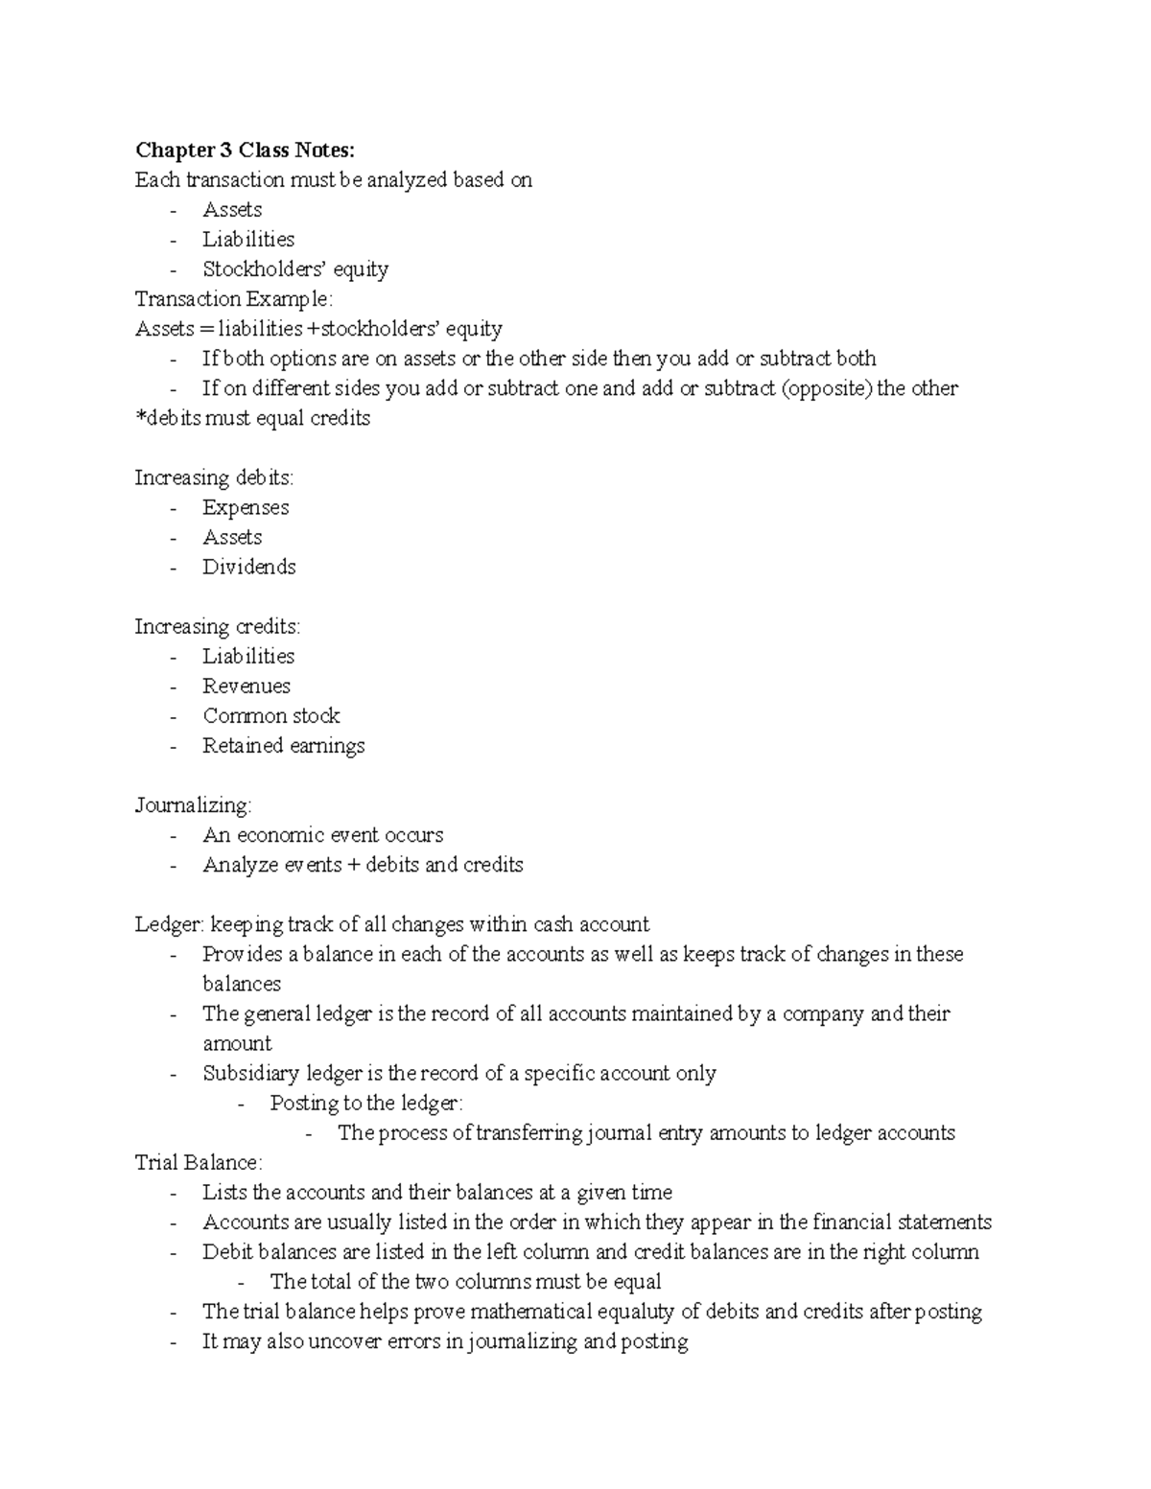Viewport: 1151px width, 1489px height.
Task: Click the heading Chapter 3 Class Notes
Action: pos(245,151)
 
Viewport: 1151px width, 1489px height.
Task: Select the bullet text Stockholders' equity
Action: pos(295,269)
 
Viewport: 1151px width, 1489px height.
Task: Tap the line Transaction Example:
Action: pos(234,299)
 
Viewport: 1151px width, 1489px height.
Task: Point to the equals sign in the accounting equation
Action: pos(205,330)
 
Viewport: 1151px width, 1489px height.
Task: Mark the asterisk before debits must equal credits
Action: pos(139,417)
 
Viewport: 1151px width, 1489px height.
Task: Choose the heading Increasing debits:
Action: pos(214,477)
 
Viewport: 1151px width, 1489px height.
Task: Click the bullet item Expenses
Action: pos(246,507)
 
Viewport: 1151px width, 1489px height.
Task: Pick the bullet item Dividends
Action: pos(249,567)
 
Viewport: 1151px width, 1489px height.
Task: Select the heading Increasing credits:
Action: pos(217,626)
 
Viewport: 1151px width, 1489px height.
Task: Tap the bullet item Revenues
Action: pos(247,686)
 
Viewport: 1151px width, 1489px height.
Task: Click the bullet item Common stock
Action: pos(271,715)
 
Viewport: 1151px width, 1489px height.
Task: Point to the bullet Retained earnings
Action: pos(284,745)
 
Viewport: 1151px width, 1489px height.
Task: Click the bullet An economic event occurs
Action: pos(323,835)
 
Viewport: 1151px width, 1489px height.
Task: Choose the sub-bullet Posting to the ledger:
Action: pos(366,1103)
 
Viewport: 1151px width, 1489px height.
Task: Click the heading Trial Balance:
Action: pos(198,1162)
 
